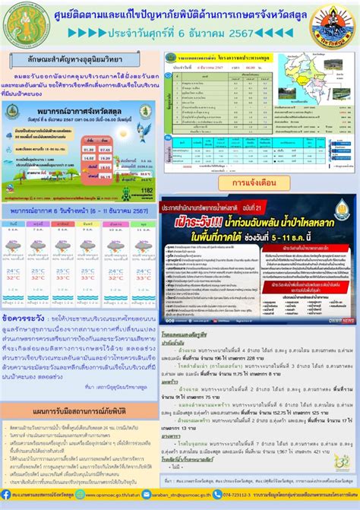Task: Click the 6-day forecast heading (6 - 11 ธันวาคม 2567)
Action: coord(79,210)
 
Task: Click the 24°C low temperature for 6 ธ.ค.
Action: coord(14,271)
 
